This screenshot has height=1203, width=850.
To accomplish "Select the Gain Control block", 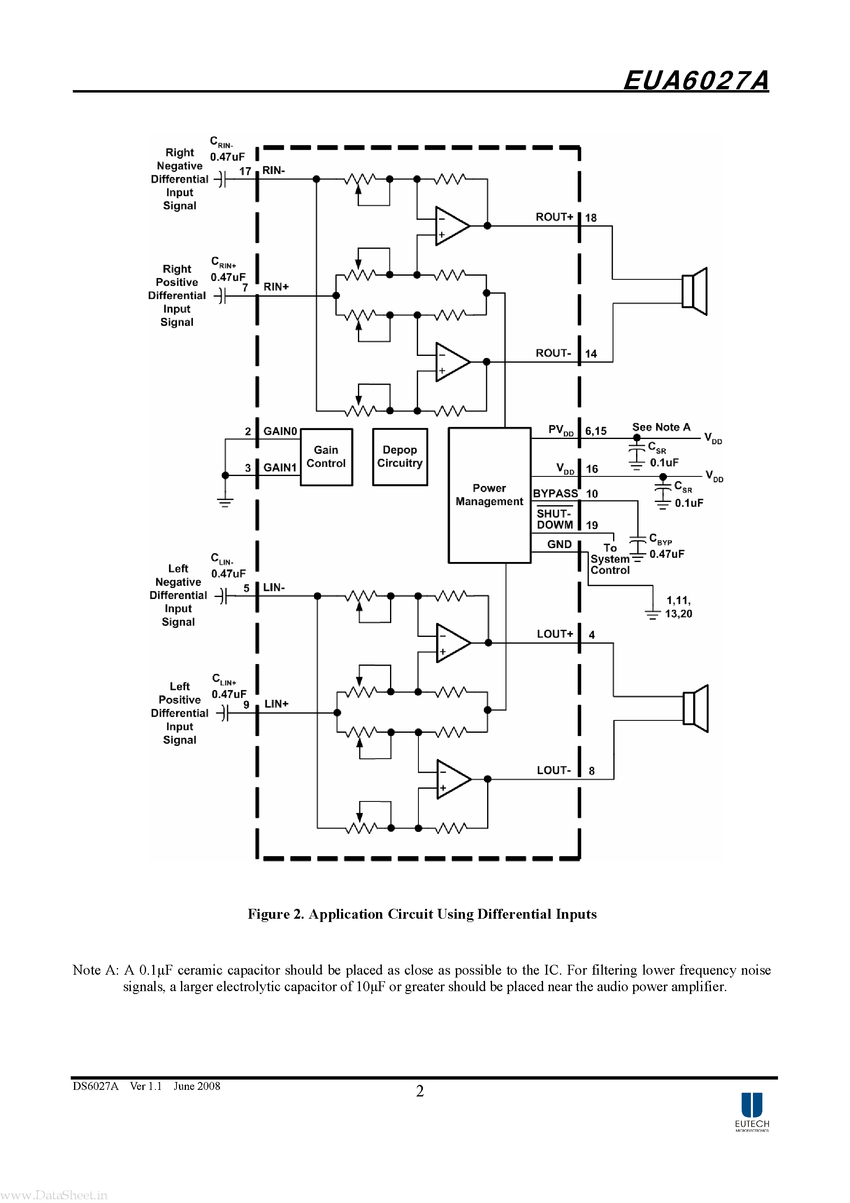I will pyautogui.click(x=326, y=457).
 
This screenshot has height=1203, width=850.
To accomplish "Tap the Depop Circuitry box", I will pyautogui.click(x=400, y=457).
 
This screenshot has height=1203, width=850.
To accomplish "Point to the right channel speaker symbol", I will pyautogui.click(x=694, y=291).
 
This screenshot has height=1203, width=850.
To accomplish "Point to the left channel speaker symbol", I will pyautogui.click(x=695, y=708).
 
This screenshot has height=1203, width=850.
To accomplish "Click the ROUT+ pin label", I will pyautogui.click(x=554, y=217).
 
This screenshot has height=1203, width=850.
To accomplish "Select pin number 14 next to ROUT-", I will pyautogui.click(x=591, y=354).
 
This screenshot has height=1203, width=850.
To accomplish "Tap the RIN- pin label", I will pyautogui.click(x=274, y=170).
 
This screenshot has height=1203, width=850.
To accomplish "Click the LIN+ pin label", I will pyautogui.click(x=276, y=704).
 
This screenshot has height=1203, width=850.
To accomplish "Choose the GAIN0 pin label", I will pyautogui.click(x=280, y=431).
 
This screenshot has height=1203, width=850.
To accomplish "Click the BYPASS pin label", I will pyautogui.click(x=555, y=494).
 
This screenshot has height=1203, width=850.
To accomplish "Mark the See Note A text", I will pyautogui.click(x=661, y=427).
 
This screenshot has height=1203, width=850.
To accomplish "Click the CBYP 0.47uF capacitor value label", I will pyautogui.click(x=667, y=554).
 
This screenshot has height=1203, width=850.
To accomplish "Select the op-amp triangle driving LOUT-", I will pyautogui.click(x=452, y=779).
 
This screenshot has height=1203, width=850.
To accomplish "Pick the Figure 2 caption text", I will pyautogui.click(x=422, y=914).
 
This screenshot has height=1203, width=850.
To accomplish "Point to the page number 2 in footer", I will pyautogui.click(x=420, y=1092).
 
